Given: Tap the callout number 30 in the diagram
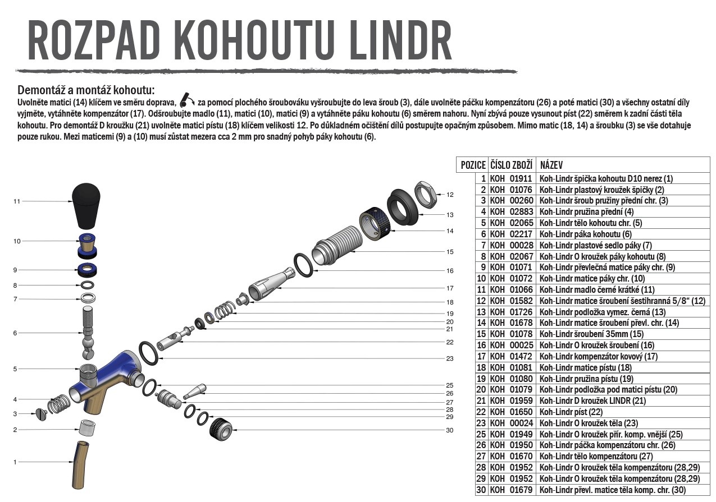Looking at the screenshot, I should (449, 430).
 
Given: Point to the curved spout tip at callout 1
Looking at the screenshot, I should (81, 462).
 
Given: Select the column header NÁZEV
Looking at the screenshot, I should (551, 165).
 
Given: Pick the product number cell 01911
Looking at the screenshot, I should (521, 178).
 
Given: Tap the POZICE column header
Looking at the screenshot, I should (473, 165).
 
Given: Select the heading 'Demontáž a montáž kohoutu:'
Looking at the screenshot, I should (86, 90).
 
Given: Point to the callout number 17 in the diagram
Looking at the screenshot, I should (449, 288).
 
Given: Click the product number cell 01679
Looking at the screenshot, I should (521, 490).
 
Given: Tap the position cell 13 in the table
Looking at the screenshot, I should (481, 312).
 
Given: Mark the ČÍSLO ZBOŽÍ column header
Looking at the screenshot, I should (511, 165).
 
